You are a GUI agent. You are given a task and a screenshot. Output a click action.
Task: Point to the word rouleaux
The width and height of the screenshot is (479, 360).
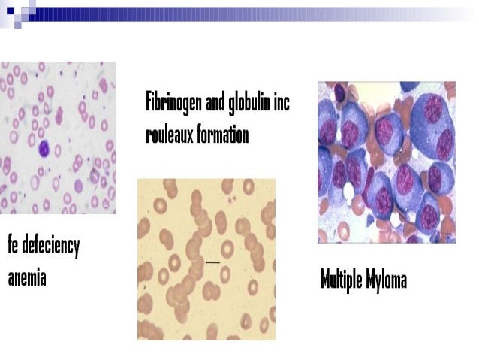point(169,135)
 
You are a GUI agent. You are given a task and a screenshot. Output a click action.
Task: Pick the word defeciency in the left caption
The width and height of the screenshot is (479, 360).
point(50,246)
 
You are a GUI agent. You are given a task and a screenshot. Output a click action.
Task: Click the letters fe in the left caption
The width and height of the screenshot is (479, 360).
point(13,246)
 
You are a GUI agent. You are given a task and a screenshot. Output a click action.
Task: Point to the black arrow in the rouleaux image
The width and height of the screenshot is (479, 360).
point(212,262)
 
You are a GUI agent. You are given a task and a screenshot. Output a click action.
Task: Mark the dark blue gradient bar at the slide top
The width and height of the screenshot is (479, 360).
point(248,14)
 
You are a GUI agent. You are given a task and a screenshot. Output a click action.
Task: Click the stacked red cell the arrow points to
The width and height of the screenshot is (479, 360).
point(197,262)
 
